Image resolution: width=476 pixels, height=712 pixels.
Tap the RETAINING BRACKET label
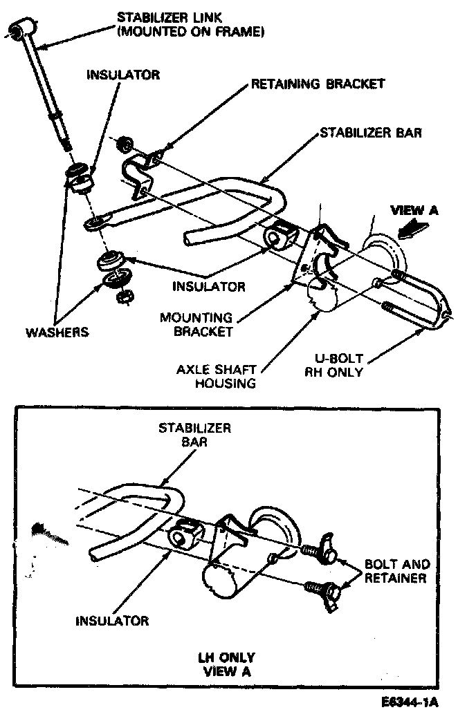pyautogui.click(x=317, y=84)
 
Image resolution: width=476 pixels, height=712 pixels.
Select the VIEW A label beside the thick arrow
pyautogui.click(x=414, y=211)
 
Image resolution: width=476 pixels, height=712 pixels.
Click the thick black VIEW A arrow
pyautogui.click(x=417, y=227)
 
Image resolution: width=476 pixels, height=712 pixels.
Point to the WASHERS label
pyautogui.click(x=57, y=332)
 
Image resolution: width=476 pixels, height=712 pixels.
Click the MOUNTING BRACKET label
pyautogui.click(x=196, y=324)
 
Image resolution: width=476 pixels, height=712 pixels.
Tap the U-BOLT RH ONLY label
pyautogui.click(x=338, y=366)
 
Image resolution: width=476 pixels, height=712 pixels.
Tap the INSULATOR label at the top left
pyautogui.click(x=122, y=75)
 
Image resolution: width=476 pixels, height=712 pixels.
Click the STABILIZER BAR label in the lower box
pyautogui.click(x=195, y=434)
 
